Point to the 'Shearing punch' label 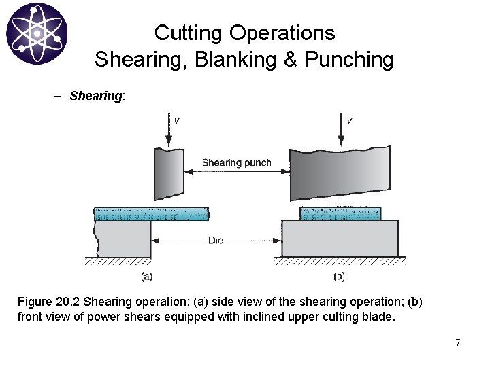point(236,162)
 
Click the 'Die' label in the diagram point(215,240)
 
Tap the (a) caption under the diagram point(146,277)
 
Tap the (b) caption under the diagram point(340,277)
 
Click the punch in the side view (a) point(169,173)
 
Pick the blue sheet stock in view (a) point(151,214)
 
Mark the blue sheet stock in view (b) point(340,213)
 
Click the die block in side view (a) point(122,239)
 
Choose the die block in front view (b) point(340,239)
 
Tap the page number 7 point(458,343)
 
